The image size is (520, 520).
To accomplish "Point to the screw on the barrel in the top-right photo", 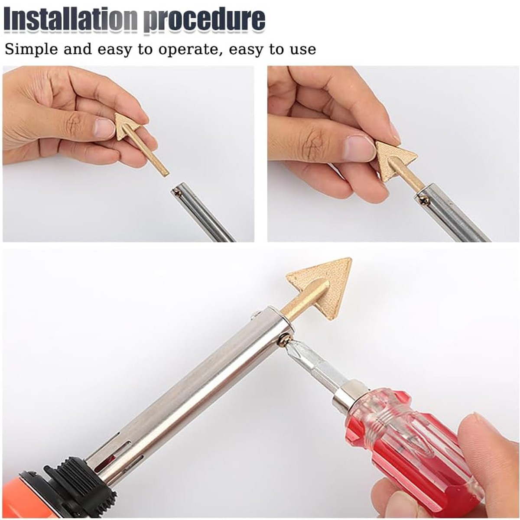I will pos(425,200).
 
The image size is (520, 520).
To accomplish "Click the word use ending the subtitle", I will pos(303,49).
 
